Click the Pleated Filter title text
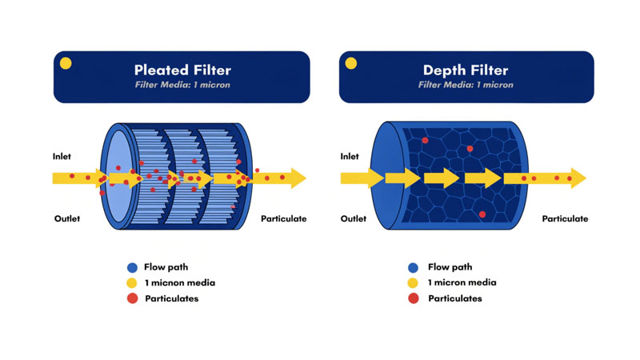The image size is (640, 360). click(x=182, y=70)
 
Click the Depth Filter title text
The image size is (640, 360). click(x=466, y=70)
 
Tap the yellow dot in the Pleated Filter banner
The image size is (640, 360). click(x=66, y=63)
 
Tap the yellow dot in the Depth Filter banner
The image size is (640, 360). click(x=350, y=63)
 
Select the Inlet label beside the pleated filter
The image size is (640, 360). click(x=62, y=156)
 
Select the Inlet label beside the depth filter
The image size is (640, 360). click(x=350, y=156)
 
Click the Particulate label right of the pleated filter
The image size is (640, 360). click(x=283, y=218)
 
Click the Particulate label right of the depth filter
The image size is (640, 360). click(x=565, y=218)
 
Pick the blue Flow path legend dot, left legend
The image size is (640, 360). click(x=132, y=267)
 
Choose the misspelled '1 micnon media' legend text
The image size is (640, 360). click(x=179, y=282)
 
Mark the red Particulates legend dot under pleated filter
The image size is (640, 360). click(x=132, y=298)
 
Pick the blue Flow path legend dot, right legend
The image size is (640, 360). click(x=413, y=267)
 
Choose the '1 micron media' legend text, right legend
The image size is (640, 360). click(x=462, y=282)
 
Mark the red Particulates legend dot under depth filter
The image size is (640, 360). click(x=413, y=298)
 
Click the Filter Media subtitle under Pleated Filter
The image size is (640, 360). click(x=182, y=84)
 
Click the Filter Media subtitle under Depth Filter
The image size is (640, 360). click(x=466, y=84)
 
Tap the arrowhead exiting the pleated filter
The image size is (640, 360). click(x=298, y=178)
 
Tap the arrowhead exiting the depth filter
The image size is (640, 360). click(x=578, y=178)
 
